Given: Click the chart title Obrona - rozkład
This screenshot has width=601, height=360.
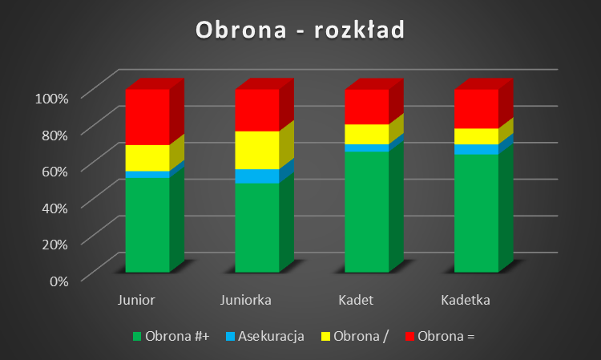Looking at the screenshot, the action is click(300, 30).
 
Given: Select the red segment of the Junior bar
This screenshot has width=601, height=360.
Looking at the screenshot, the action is click(147, 117).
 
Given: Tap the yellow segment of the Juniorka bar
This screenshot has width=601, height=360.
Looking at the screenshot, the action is click(257, 150).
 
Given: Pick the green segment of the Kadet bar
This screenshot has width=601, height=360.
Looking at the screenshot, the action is click(367, 212).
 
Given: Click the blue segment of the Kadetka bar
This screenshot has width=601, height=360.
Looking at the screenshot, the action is click(477, 149).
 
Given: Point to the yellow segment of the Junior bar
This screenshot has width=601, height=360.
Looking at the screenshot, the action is click(147, 158).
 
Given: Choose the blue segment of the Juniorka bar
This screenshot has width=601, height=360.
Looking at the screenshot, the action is click(257, 176).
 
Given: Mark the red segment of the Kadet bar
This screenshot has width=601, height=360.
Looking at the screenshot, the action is click(367, 107).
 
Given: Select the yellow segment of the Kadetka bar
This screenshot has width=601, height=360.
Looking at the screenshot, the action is click(477, 136).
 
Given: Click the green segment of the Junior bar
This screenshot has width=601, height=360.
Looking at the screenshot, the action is click(147, 225).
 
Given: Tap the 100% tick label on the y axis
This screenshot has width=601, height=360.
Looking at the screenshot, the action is click(52, 99).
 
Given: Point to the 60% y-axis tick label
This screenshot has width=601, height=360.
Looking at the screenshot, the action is click(54, 172).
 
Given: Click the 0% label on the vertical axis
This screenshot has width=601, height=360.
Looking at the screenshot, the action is click(59, 281).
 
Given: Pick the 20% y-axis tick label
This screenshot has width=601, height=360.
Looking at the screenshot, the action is click(54, 245).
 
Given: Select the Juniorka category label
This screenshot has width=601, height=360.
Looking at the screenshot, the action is click(246, 300).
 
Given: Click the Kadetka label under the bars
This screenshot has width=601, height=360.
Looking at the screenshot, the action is click(466, 300).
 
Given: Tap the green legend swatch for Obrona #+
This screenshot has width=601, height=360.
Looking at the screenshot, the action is click(137, 337).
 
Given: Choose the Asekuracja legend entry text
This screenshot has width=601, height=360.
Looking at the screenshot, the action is click(271, 336).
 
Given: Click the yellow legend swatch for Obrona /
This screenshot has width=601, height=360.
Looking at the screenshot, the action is click(325, 337).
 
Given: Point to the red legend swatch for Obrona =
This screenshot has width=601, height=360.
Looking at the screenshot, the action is click(409, 337).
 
